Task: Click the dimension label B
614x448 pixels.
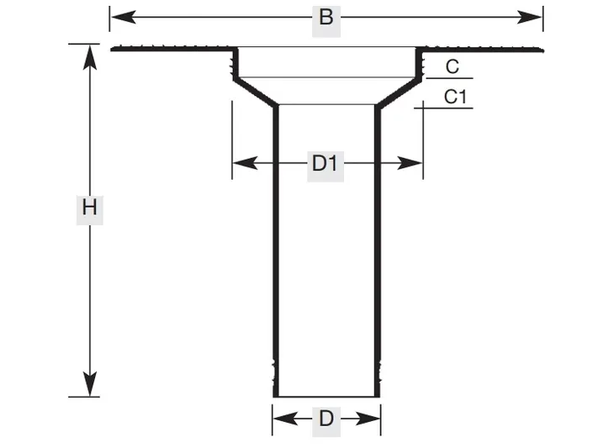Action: (326, 18)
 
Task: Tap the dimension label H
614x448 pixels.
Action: (90, 208)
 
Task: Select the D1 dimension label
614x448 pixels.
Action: (325, 164)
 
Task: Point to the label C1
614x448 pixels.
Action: (455, 97)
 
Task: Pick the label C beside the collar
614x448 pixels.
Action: (453, 66)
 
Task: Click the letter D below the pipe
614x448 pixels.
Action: (326, 419)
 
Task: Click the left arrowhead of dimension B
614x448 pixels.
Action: (124, 17)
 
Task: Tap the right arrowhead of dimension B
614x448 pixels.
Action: (530, 17)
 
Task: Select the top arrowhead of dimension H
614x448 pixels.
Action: (90, 57)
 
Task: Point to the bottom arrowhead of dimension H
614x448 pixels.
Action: (90, 384)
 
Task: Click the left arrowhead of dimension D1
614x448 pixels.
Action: (246, 163)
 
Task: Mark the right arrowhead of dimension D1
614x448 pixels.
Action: (410, 163)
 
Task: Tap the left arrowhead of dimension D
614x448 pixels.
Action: (286, 419)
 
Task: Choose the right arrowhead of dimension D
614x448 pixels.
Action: (368, 419)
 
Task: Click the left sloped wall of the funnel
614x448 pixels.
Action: (256, 92)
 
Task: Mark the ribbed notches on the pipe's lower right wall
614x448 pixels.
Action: (379, 371)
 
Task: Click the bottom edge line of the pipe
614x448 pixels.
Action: (326, 397)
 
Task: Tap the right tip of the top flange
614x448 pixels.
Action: (543, 50)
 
